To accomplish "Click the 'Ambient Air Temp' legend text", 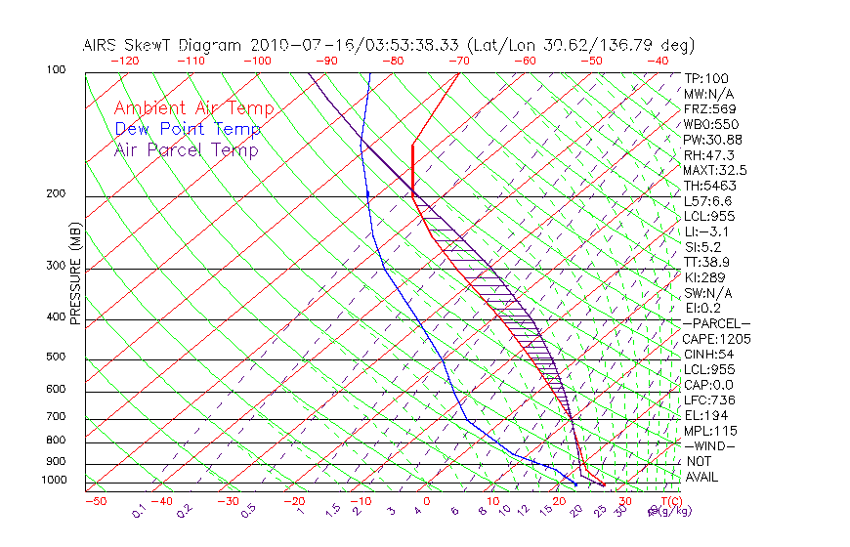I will coord(193,108).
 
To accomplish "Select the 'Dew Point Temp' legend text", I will coord(188,129).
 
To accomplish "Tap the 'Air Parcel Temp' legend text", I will coord(187,149).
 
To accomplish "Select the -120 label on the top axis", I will coord(124,61).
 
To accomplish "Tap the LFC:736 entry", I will coord(709,400).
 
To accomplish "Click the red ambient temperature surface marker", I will coord(603,484).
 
